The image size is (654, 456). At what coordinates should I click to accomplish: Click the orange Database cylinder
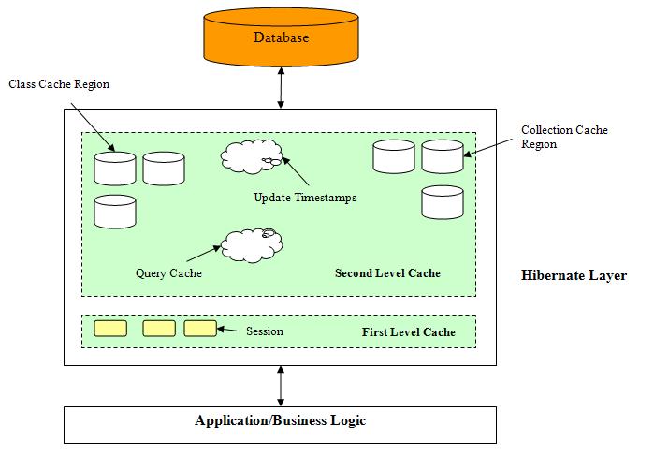pyautogui.click(x=280, y=40)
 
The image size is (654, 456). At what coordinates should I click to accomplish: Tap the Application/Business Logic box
pyautogui.click(x=280, y=421)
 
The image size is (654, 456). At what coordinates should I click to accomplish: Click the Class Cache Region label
pyautogui.click(x=59, y=84)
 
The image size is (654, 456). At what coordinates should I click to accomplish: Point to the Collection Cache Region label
pyautogui.click(x=564, y=137)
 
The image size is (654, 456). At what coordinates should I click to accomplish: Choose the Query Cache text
pyautogui.click(x=168, y=273)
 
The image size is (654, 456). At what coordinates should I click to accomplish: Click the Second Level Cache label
pyautogui.click(x=387, y=273)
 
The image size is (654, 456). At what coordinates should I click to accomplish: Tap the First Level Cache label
pyautogui.click(x=408, y=332)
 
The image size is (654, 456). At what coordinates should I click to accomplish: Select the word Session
pyautogui.click(x=265, y=331)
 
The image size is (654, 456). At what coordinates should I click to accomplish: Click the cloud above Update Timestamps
pyautogui.click(x=252, y=157)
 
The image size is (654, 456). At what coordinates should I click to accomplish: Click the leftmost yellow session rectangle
pyautogui.click(x=110, y=329)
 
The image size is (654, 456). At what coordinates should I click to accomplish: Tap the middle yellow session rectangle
pyautogui.click(x=159, y=329)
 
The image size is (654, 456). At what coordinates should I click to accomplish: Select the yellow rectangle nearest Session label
pyautogui.click(x=200, y=329)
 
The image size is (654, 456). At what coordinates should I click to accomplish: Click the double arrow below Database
pyautogui.click(x=280, y=89)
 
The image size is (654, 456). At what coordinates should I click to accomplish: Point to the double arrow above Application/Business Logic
pyautogui.click(x=280, y=385)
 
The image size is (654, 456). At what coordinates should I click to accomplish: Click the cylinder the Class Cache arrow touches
pyautogui.click(x=115, y=169)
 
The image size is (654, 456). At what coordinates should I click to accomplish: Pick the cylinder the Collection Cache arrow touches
pyautogui.click(x=442, y=156)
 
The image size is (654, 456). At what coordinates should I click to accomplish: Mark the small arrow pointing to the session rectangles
pyautogui.click(x=229, y=331)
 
